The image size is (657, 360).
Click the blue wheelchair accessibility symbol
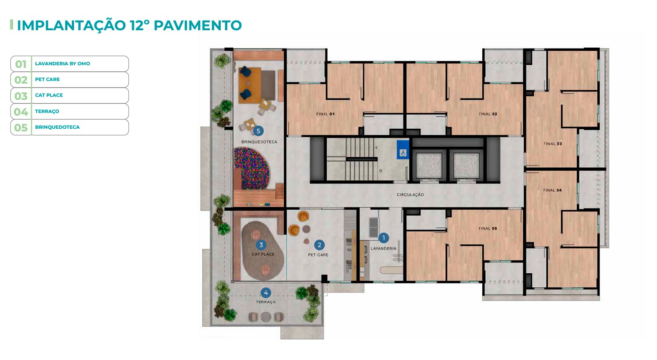tap(403, 150)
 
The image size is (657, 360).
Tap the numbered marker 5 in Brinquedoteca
tap(258, 131)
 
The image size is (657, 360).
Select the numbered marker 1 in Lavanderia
tap(383, 238)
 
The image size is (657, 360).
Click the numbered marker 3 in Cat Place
tap(261, 245)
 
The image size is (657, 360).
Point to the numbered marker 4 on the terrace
tap(266, 293)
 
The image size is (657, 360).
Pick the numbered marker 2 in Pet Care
tap(319, 245)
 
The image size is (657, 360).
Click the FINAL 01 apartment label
tap(325, 114)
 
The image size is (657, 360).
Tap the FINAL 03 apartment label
tap(553, 144)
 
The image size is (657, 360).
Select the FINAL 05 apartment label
tap(488, 228)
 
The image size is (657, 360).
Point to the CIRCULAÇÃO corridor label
tap(410, 194)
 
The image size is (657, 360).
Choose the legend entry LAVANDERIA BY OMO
tap(63, 64)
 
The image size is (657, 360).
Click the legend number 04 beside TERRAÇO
tap(21, 112)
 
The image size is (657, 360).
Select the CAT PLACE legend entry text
tap(49, 95)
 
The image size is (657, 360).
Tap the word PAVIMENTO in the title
tap(198, 25)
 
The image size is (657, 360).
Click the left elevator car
tap(428, 166)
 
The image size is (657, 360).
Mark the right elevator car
tap(466, 166)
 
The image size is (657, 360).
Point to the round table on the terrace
tap(266, 317)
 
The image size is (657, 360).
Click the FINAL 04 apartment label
tap(552, 190)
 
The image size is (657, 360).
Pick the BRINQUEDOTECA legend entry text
tap(57, 127)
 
